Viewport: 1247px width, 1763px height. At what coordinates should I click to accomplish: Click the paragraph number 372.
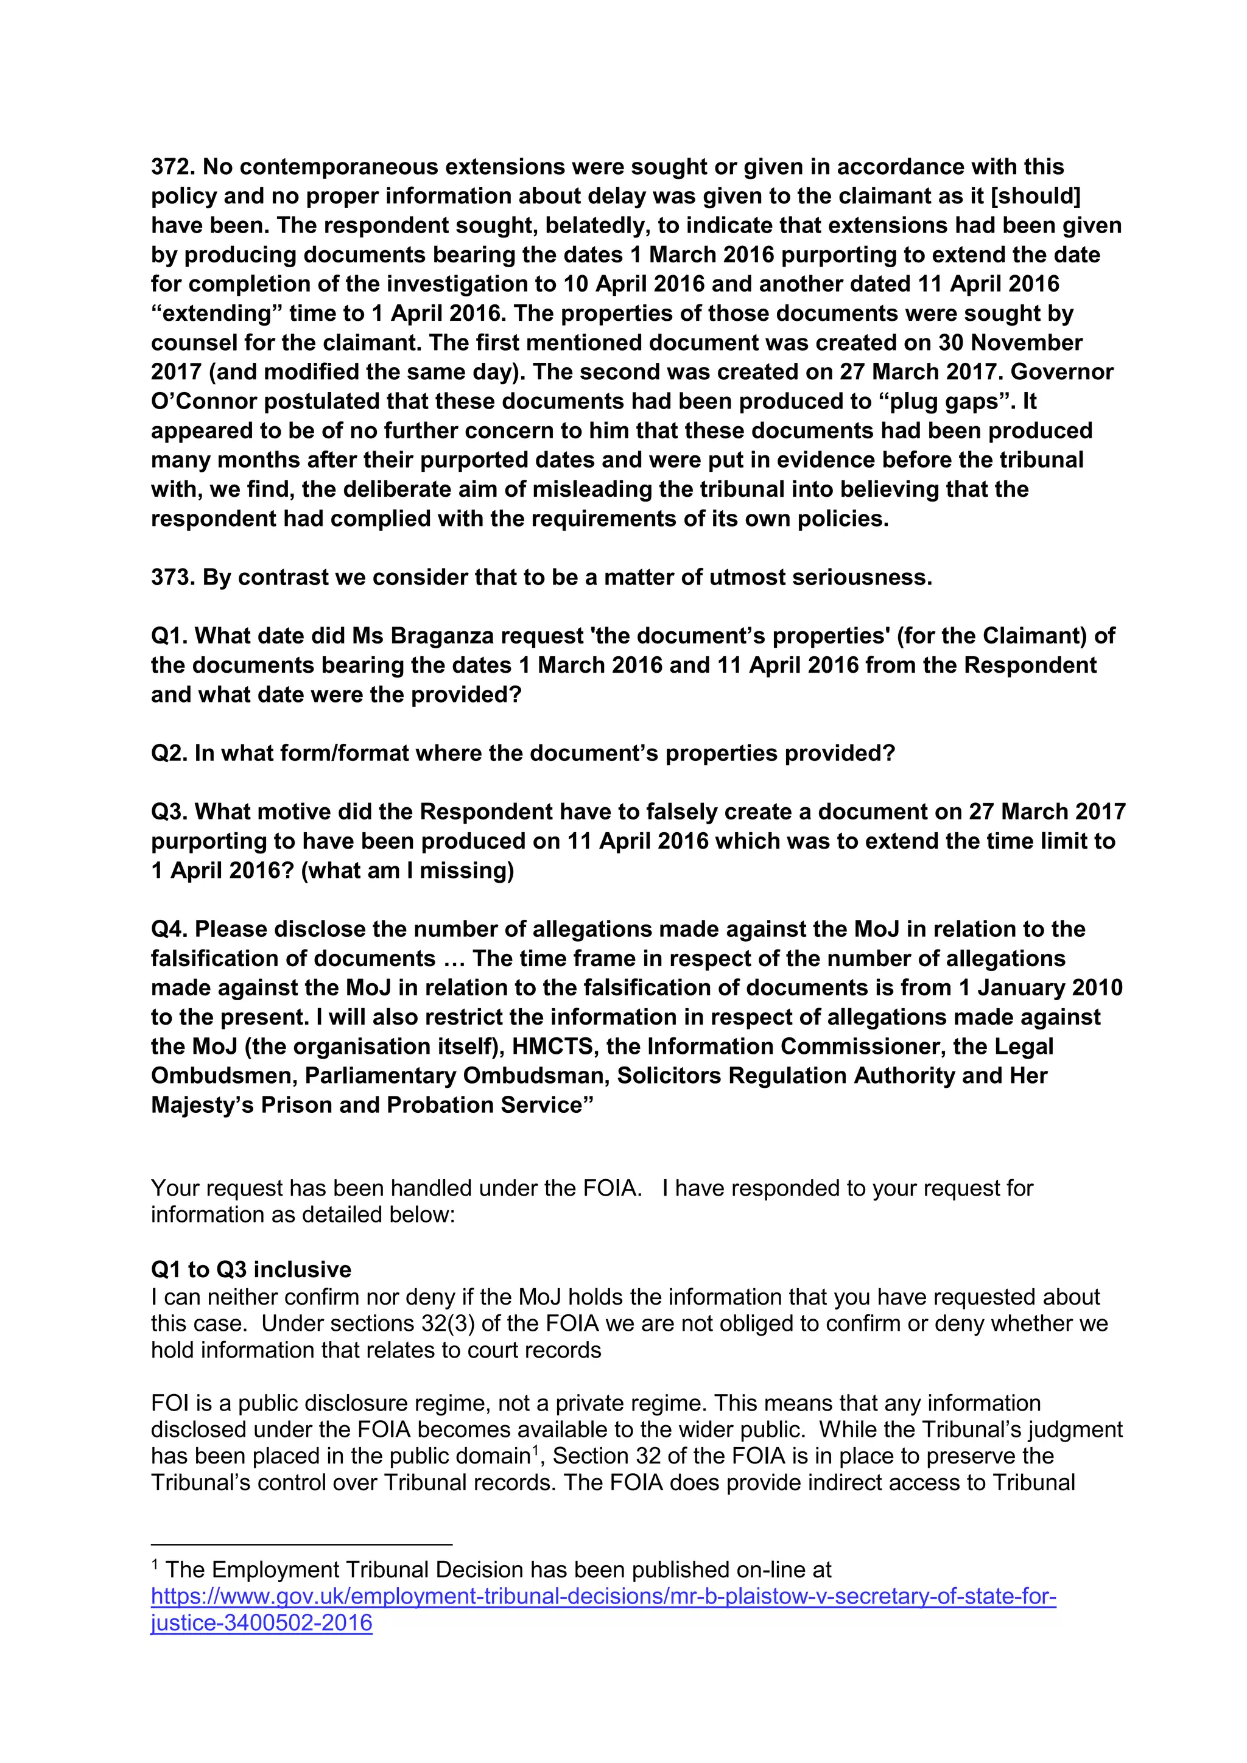click(172, 167)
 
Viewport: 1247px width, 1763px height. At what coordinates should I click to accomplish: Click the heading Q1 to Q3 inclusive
click(251, 1269)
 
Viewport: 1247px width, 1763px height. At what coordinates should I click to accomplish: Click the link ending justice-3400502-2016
click(261, 1622)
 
